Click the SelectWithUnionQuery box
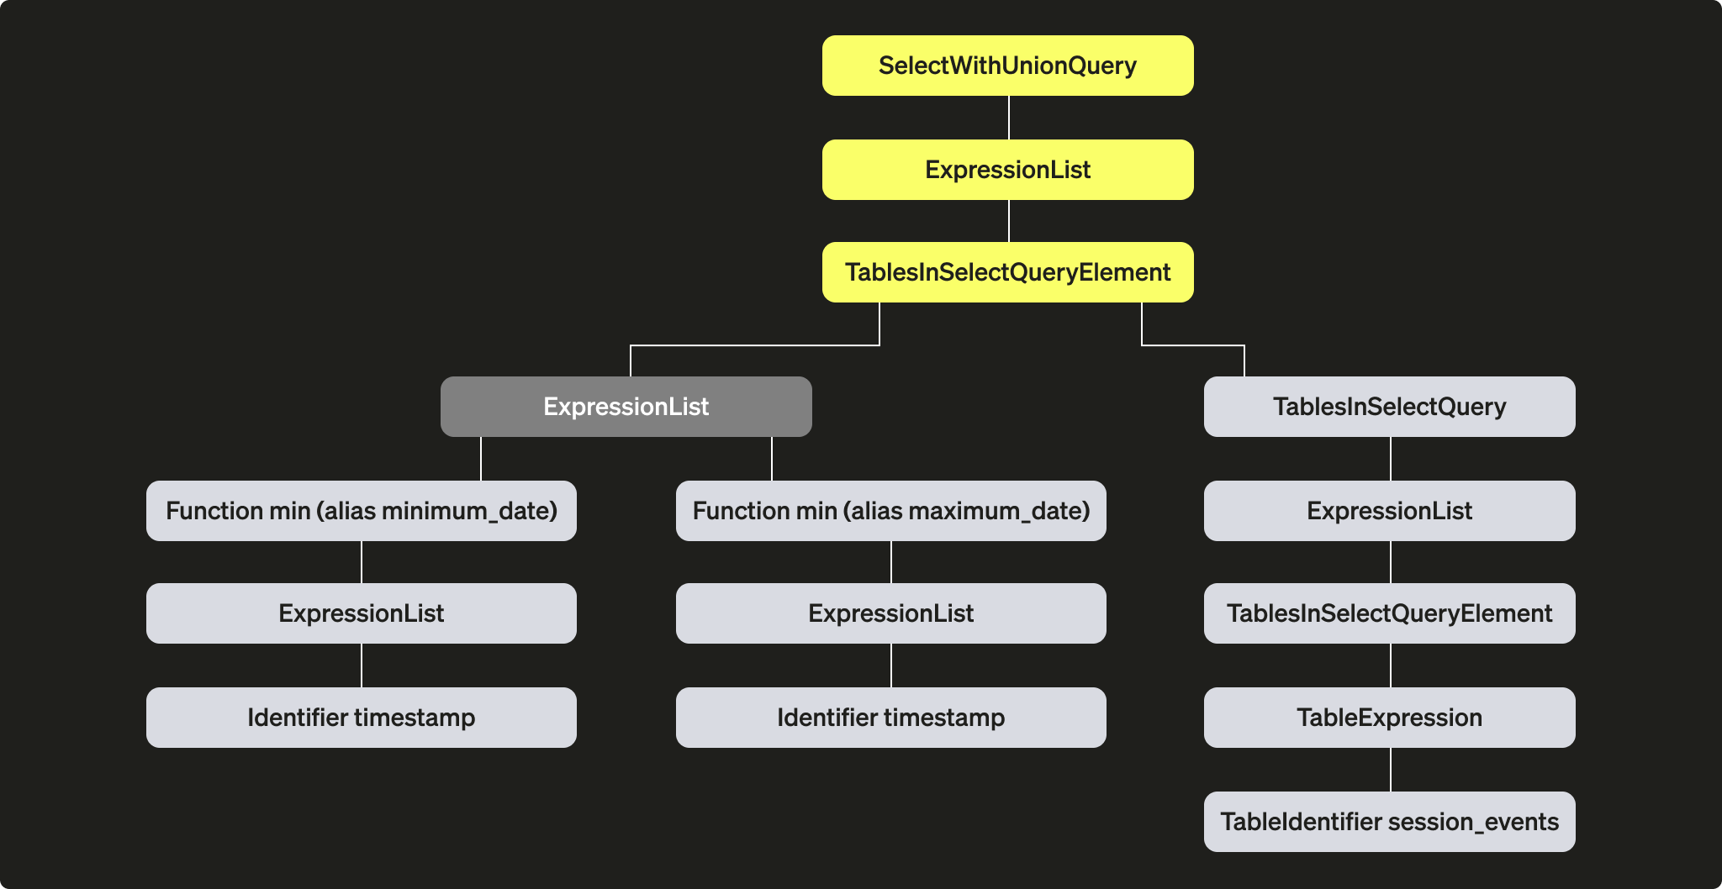(x=1007, y=66)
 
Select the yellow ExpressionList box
(x=1007, y=170)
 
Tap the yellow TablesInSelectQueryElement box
(x=1007, y=272)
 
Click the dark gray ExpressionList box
(x=626, y=407)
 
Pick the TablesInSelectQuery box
(x=1389, y=407)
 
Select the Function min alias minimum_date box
(x=361, y=511)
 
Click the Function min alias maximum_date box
(x=890, y=511)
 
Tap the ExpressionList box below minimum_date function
(x=361, y=613)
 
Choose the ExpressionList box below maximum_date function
(x=890, y=613)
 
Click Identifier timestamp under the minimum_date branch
(x=361, y=718)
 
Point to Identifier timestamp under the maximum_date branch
(x=890, y=718)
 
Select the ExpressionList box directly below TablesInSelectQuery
(x=1389, y=511)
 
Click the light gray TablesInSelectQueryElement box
(x=1389, y=613)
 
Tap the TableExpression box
(x=1389, y=718)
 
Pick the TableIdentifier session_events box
(x=1389, y=822)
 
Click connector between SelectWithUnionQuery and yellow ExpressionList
(x=1008, y=118)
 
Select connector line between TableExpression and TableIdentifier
(x=1390, y=770)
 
